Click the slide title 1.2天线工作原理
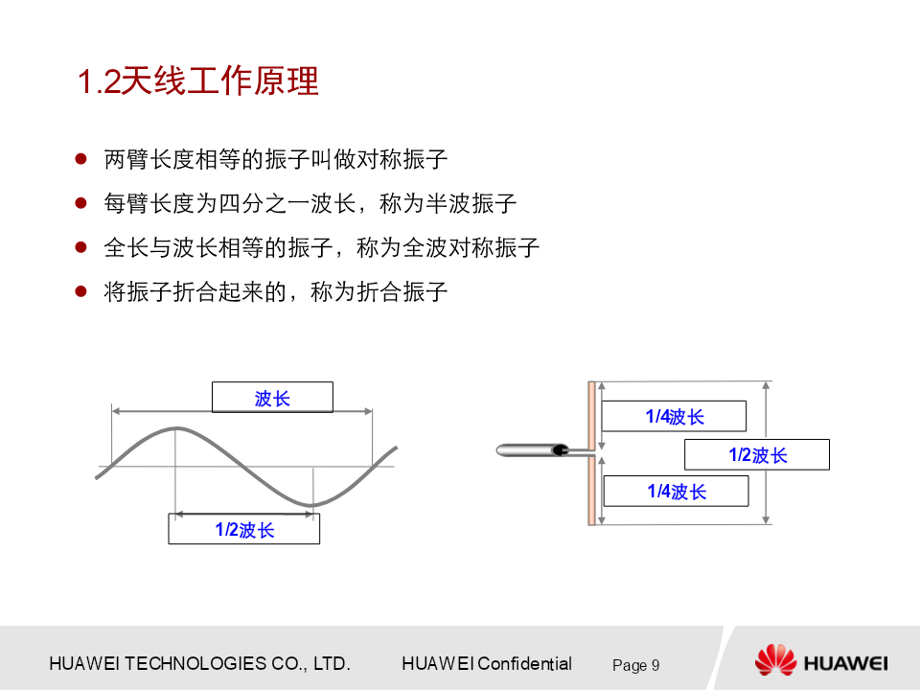(197, 80)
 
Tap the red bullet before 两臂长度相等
(80, 159)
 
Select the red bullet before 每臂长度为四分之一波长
(80, 203)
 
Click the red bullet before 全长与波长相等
(80, 247)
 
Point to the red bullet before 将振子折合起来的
(80, 291)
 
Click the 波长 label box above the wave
(272, 397)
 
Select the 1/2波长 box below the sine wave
(244, 529)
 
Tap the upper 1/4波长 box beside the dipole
(674, 416)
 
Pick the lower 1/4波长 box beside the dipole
(676, 491)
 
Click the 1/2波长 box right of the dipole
(757, 454)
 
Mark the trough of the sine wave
(312, 504)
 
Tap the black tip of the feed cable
(562, 450)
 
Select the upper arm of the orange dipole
(592, 415)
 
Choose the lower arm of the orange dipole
(592, 489)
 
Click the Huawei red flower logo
(775, 659)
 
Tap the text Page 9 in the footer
(636, 665)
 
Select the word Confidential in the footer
(524, 663)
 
